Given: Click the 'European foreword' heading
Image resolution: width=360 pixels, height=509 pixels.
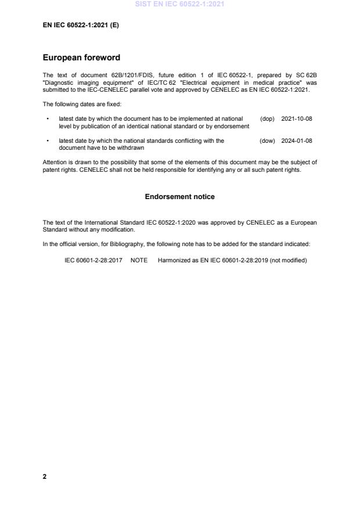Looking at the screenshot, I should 82,58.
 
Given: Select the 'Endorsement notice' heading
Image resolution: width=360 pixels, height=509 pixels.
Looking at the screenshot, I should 179,197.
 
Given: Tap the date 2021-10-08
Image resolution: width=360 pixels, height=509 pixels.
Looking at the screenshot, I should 297,118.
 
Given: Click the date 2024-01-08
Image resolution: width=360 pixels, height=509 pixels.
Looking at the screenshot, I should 297,140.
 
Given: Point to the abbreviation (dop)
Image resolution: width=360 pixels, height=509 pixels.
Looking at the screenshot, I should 267,118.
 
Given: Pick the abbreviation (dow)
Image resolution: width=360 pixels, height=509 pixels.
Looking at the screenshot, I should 267,140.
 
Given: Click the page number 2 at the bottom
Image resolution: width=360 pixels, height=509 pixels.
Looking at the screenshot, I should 45,476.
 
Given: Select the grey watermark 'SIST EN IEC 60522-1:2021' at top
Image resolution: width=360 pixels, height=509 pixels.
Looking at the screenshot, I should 179,4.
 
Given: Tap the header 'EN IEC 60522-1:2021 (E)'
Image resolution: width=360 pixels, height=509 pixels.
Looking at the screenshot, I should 81,26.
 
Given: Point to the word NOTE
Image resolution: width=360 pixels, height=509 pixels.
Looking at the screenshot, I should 139,260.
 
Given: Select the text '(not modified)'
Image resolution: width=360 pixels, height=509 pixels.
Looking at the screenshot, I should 288,260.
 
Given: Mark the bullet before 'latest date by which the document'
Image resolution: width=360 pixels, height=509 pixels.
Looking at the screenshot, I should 47,118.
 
